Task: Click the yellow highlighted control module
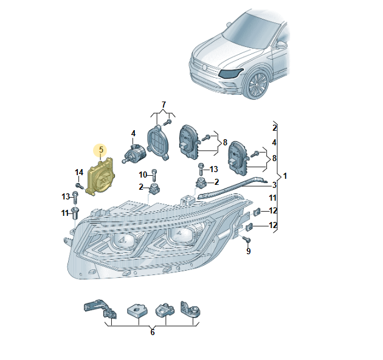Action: coord(101,178)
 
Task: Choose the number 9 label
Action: coord(248,251)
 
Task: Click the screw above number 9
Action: coord(246,240)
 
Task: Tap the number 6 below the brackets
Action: coord(152,332)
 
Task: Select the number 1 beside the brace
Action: coord(286,176)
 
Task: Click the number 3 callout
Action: coord(274,185)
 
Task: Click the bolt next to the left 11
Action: coord(75,213)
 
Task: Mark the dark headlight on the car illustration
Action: coord(232,74)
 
